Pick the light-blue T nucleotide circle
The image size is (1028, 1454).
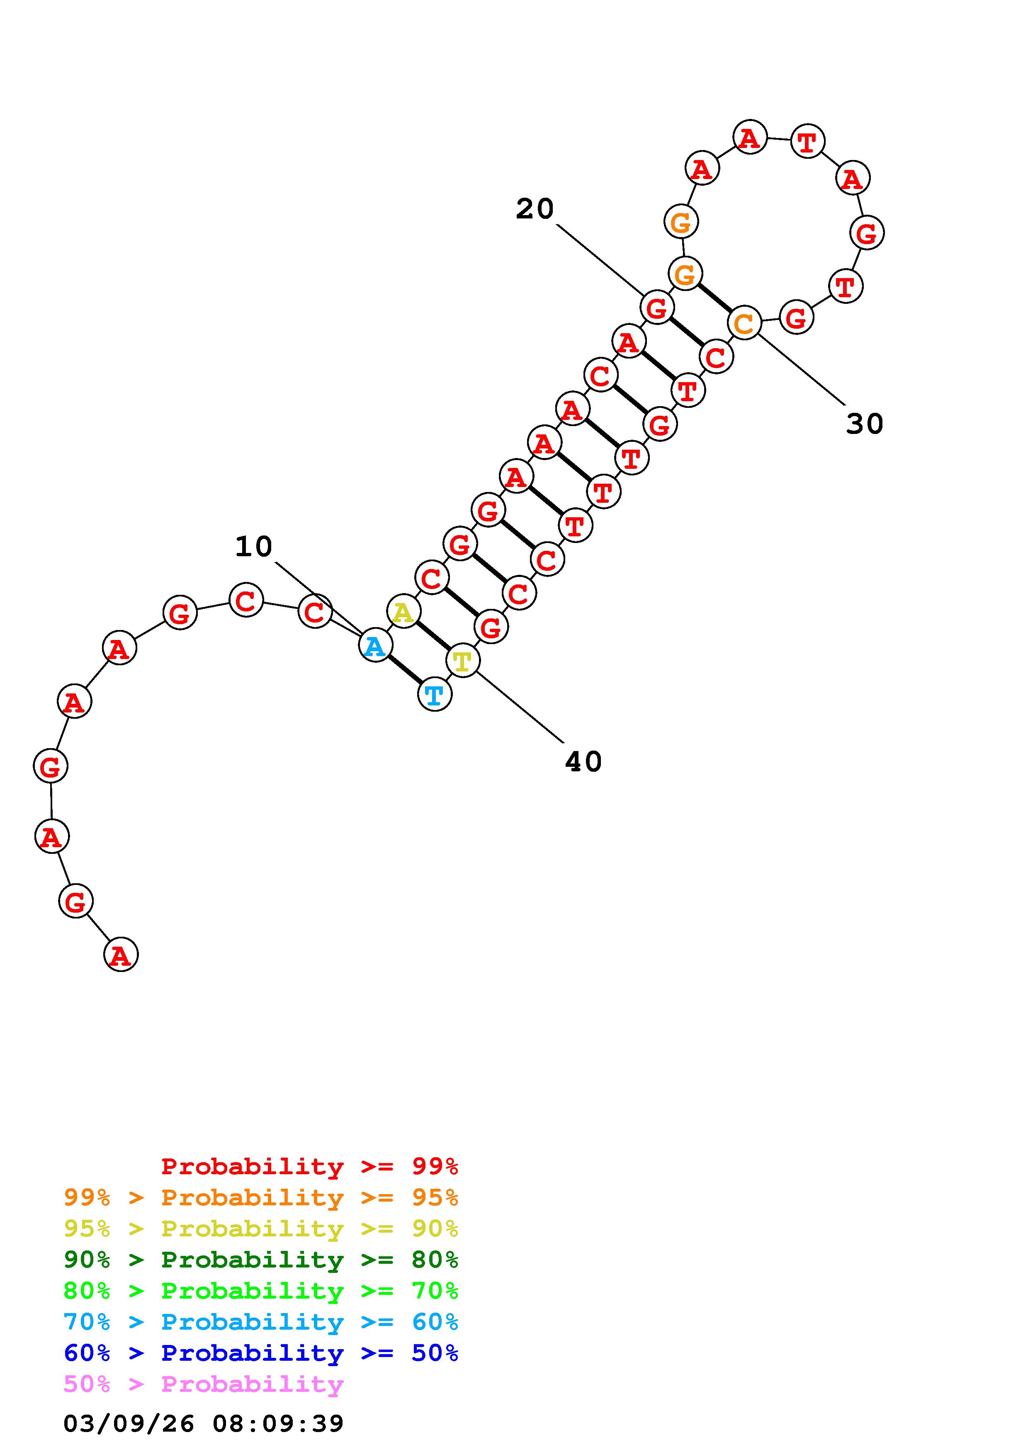pyautogui.click(x=435, y=695)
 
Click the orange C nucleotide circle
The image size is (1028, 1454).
pyautogui.click(x=744, y=323)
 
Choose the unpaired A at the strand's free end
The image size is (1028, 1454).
pyautogui.click(x=120, y=955)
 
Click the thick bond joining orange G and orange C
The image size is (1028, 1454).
pyautogui.click(x=714, y=298)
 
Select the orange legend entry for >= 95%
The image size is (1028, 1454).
pyautogui.click(x=261, y=1197)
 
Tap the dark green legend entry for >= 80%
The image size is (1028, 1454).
pyautogui.click(x=261, y=1260)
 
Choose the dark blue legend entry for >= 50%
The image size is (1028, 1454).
pyautogui.click(x=261, y=1353)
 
